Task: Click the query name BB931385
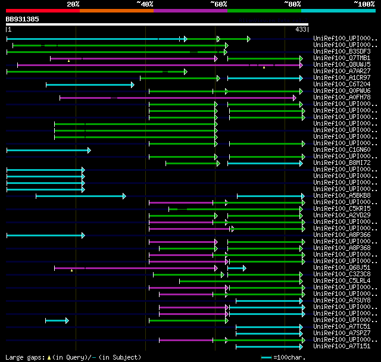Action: (23, 19)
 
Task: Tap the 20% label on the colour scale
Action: (73, 4)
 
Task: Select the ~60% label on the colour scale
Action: (218, 4)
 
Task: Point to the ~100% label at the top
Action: (364, 4)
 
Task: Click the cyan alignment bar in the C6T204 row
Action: (89, 85)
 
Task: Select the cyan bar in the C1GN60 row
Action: (48, 150)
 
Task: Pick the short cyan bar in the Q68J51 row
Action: (236, 268)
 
